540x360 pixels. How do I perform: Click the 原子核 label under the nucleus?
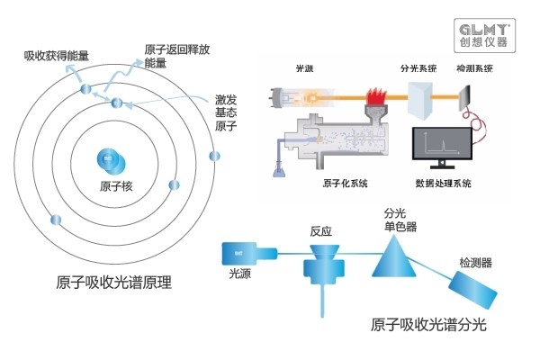click(x=117, y=186)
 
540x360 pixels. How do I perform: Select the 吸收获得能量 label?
click(x=56, y=56)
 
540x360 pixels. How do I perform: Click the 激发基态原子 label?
click(x=227, y=110)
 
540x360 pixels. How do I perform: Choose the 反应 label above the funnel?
click(x=321, y=231)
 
